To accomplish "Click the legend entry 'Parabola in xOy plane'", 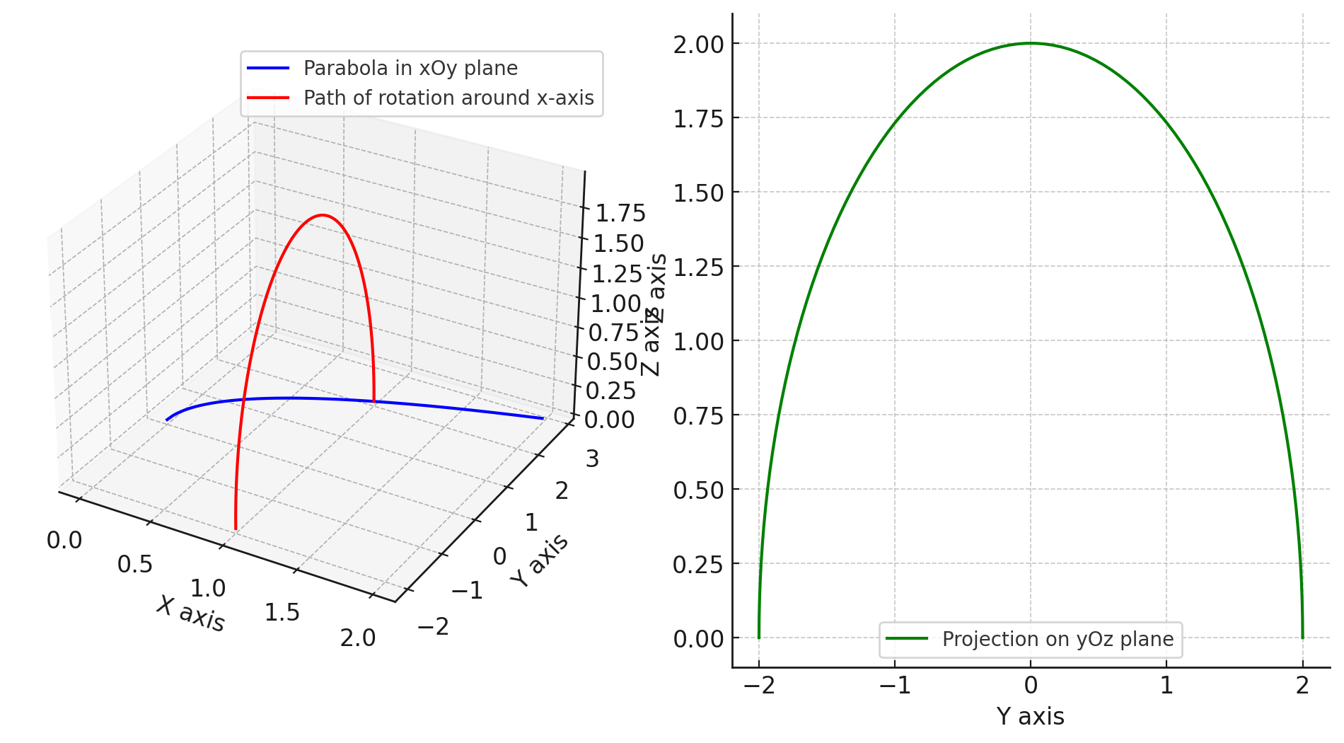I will [x=410, y=68].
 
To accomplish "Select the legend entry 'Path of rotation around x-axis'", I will [x=448, y=98].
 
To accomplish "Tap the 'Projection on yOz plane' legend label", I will [x=1058, y=639].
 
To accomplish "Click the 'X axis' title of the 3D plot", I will [x=190, y=614].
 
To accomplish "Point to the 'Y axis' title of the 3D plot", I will [x=540, y=560].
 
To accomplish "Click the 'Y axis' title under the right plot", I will [x=1030, y=716].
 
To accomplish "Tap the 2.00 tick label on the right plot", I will [x=698, y=45].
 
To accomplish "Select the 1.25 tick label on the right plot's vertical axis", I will [x=698, y=267].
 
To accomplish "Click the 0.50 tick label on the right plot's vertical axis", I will [x=698, y=490].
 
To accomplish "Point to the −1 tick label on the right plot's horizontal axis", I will [x=895, y=685].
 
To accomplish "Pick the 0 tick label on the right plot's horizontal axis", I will [x=1031, y=685].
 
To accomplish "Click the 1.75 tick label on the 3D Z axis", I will [x=620, y=213].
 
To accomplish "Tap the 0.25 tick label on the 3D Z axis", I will [x=611, y=391].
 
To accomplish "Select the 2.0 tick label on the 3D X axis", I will [x=358, y=638].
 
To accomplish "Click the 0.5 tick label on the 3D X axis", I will [x=135, y=564].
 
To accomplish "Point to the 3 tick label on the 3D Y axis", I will [x=592, y=459].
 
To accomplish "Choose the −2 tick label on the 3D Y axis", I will [x=433, y=626].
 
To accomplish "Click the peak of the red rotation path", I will [x=323, y=215].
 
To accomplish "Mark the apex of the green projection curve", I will [x=1031, y=43].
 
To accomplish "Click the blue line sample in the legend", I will [x=268, y=68].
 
